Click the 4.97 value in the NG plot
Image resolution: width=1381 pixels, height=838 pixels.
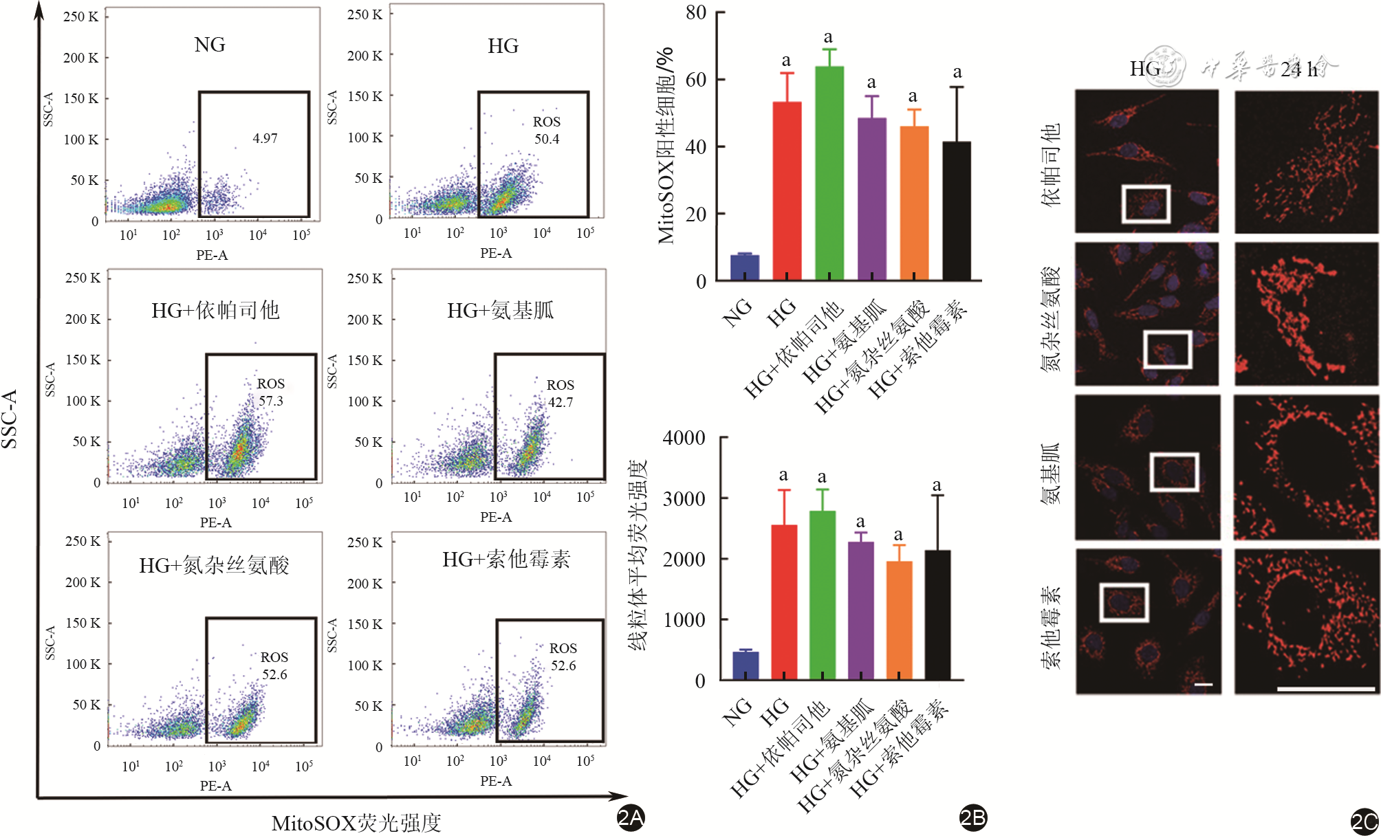pyautogui.click(x=265, y=138)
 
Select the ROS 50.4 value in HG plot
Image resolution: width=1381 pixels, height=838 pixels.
pyautogui.click(x=547, y=139)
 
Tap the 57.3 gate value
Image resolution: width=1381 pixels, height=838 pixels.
pyautogui.click(x=270, y=401)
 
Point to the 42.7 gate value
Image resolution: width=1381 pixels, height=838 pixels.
pyautogui.click(x=561, y=402)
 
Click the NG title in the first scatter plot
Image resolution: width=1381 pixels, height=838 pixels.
pyautogui.click(x=210, y=45)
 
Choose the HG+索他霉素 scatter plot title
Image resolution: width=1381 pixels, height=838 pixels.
pyautogui.click(x=506, y=560)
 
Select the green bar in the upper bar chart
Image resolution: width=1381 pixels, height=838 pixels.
pyautogui.click(x=829, y=173)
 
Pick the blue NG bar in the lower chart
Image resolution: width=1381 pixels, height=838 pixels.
pyautogui.click(x=746, y=665)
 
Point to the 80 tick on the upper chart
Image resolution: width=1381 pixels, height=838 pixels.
pyautogui.click(x=696, y=12)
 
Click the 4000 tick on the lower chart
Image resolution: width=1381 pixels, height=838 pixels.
pyautogui.click(x=684, y=438)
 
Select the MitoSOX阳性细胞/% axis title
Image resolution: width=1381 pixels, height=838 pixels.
pyautogui.click(x=665, y=146)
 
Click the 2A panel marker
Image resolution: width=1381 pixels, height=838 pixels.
pyautogui.click(x=630, y=817)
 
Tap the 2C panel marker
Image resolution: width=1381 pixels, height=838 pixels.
pyautogui.click(x=1364, y=822)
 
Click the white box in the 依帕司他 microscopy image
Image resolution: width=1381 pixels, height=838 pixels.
pyautogui.click(x=1146, y=203)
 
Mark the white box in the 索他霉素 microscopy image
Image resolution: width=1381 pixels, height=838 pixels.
pyautogui.click(x=1124, y=603)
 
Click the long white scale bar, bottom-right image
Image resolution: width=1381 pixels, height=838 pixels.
pyautogui.click(x=1325, y=688)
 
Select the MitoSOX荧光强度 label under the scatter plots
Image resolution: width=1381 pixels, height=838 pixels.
pyautogui.click(x=356, y=823)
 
